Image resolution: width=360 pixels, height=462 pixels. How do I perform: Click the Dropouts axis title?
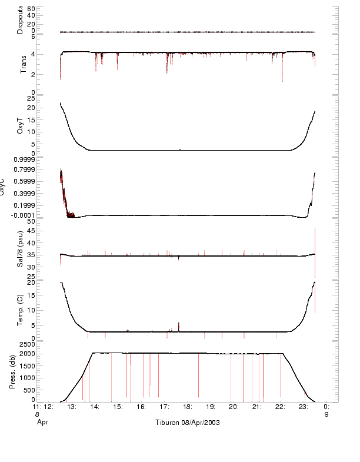pos(20,19)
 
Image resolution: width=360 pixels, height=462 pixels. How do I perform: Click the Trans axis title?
pos(24,63)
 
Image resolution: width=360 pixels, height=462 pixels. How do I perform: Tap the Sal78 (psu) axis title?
pos(20,250)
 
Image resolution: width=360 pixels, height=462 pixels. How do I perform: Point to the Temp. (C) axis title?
pos(20,310)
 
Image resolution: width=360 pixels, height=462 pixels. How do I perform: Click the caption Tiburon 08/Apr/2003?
pos(187,423)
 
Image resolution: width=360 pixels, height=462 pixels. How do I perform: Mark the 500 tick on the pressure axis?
pos(29,390)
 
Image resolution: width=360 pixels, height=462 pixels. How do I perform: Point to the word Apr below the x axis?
pos(42,421)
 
